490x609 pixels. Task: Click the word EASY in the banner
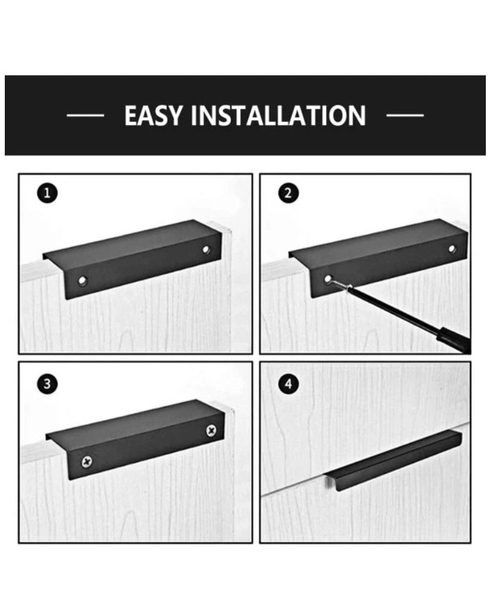point(153,115)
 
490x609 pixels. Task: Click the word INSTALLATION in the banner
point(278,115)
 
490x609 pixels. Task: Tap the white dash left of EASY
point(85,115)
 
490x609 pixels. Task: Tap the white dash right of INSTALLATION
point(405,115)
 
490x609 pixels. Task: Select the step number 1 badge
point(47,193)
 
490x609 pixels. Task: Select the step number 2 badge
point(288,193)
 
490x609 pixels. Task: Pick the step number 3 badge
point(47,384)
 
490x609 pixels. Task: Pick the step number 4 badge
point(288,384)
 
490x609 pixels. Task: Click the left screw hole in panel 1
point(82,280)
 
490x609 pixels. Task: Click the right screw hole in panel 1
point(205,249)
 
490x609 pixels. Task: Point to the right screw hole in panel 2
point(452,248)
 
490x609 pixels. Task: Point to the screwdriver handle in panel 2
point(453,341)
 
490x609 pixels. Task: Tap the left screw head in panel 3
point(88,462)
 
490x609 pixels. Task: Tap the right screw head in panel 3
point(211,430)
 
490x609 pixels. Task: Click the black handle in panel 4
point(393,460)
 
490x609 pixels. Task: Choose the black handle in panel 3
point(135,439)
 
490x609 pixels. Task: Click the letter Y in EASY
point(174,116)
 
